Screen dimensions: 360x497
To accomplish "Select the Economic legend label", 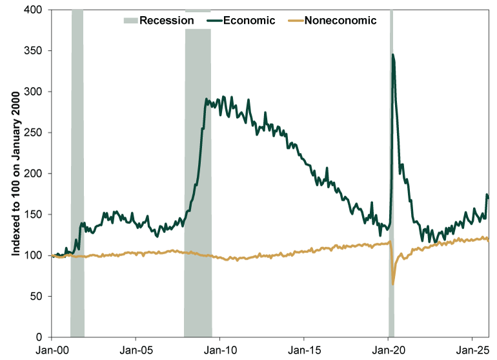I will point(249,20).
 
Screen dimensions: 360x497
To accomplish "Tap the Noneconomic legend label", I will point(340,20).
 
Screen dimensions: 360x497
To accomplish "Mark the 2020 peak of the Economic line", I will point(393,55).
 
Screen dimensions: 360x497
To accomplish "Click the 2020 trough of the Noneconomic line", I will point(393,284).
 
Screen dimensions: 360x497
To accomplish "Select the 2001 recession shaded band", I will point(77,174).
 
